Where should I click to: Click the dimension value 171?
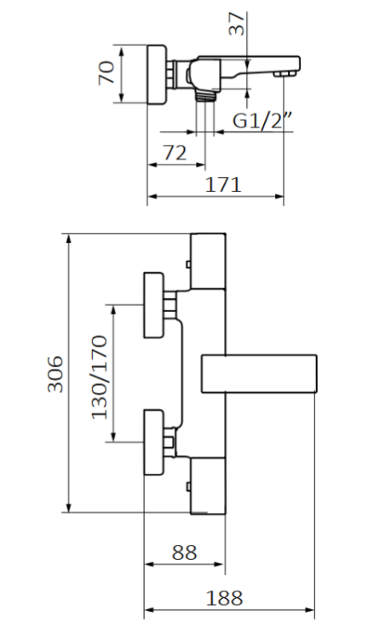tap(223, 184)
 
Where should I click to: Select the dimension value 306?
tap(54, 374)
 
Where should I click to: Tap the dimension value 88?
tap(184, 553)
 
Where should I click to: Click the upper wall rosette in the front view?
tap(154, 305)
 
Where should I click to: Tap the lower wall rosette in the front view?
tap(154, 440)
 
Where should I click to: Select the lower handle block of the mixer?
tap(208, 485)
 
